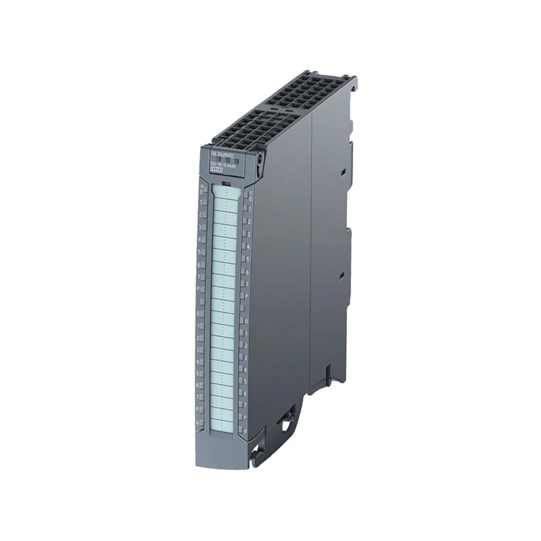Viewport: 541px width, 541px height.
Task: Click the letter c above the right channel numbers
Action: tap(249, 192)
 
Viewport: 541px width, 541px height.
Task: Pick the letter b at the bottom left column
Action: tap(197, 423)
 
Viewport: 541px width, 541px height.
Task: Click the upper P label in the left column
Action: tap(199, 288)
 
